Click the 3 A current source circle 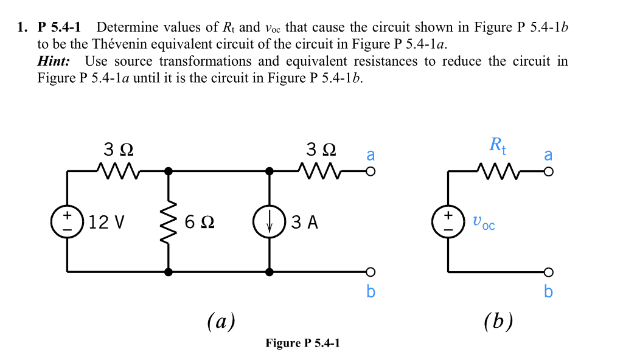[268, 222]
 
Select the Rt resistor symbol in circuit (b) [498, 172]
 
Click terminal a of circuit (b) [548, 172]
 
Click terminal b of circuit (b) [548, 271]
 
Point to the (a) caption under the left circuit [221, 320]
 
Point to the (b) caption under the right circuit [498, 320]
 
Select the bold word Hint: [54, 61]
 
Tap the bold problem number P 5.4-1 [62, 27]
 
